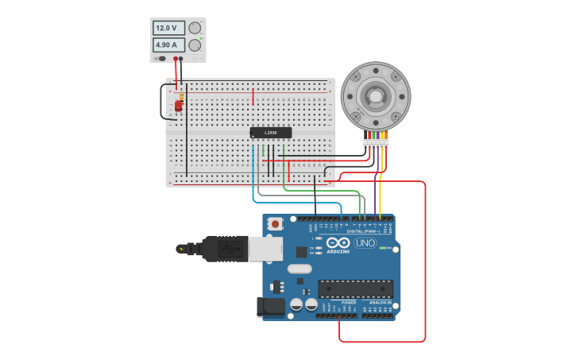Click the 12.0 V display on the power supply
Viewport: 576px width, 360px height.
168,28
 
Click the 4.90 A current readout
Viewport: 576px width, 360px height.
168,45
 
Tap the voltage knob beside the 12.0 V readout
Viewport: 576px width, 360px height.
195,28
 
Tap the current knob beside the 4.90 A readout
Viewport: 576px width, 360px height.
195,45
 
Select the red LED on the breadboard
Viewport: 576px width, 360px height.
179,104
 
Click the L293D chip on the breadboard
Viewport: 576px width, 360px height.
271,133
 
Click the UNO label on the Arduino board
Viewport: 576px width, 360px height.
365,243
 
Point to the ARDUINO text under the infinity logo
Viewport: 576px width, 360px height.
338,252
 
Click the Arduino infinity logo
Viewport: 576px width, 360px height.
338,242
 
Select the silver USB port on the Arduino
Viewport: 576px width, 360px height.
265,249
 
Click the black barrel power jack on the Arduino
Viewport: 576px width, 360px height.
270,306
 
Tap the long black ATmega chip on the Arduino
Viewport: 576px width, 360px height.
355,288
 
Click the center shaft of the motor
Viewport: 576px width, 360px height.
375,97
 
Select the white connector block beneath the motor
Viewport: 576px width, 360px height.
376,144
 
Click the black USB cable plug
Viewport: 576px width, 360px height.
226,249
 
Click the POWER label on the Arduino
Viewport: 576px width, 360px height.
349,303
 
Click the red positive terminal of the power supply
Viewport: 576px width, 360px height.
176,58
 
